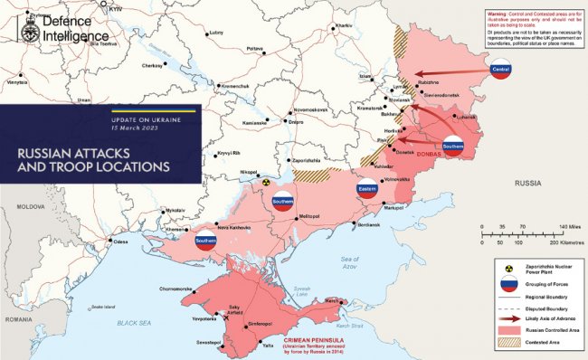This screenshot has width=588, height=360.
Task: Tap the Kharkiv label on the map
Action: click(x=344, y=25)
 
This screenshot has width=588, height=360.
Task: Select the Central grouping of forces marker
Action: click(x=499, y=70)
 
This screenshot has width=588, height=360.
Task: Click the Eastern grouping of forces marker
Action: click(x=366, y=191)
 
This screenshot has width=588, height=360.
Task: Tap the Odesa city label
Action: click(x=119, y=242)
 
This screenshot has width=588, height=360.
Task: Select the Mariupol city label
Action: click(x=393, y=208)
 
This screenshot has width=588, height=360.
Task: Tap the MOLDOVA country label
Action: click(x=17, y=206)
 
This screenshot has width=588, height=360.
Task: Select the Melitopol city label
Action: click(x=310, y=216)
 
